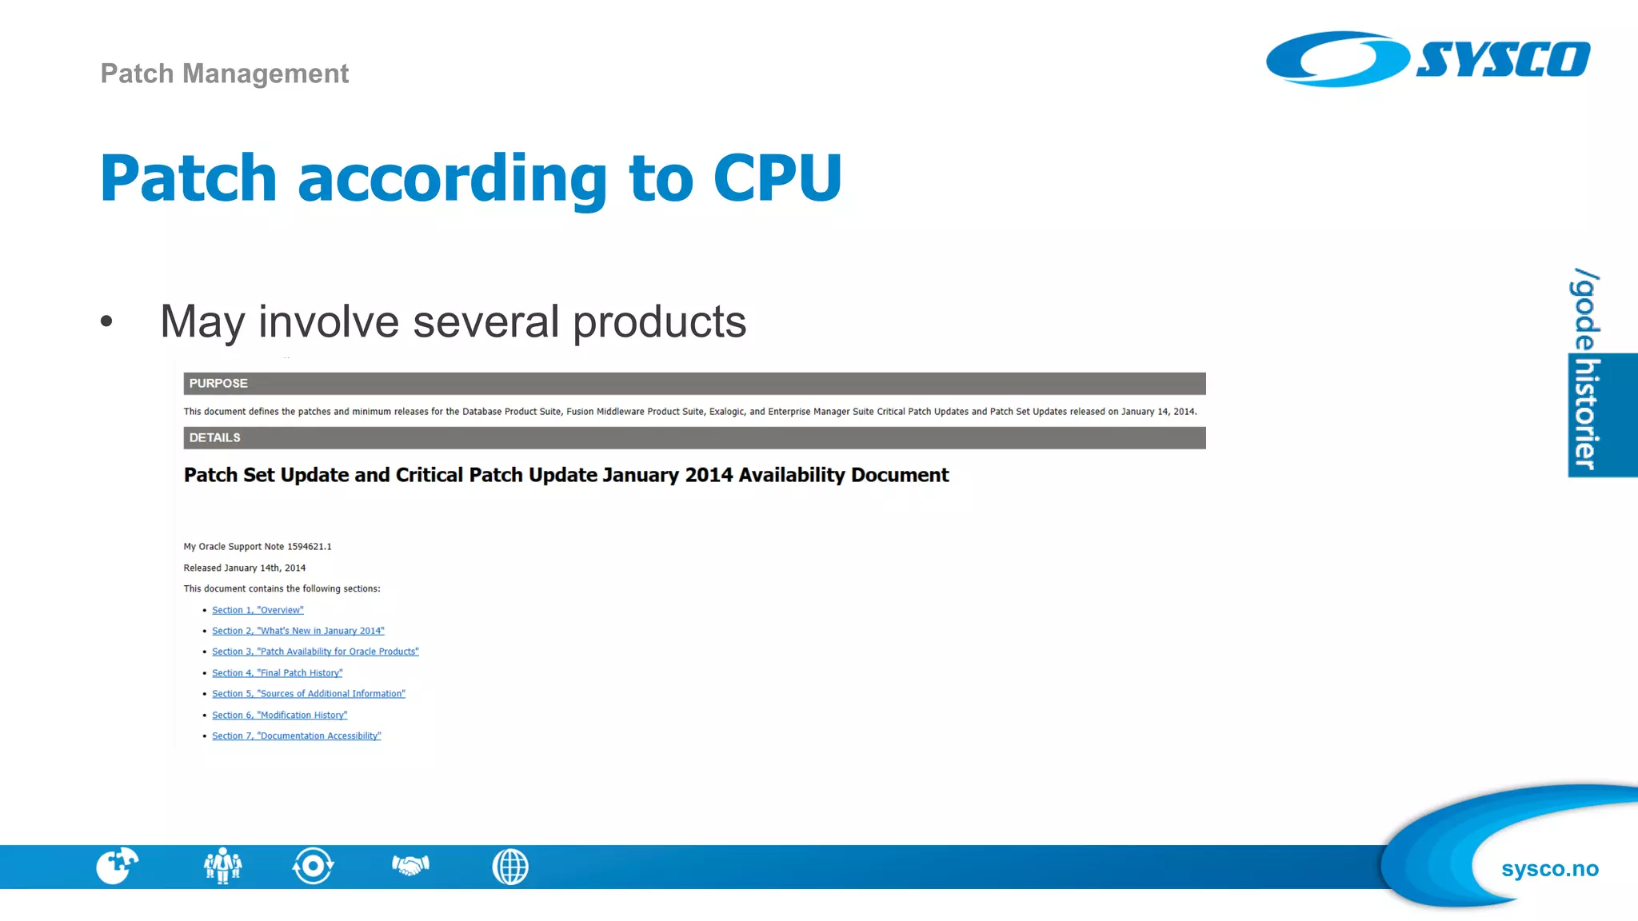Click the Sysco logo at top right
coord(1428,59)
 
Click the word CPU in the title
coord(777,177)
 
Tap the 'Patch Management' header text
coord(225,74)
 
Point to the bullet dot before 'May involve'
coord(107,321)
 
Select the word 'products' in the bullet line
coord(659,321)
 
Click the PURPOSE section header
coord(218,384)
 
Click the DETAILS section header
coord(214,438)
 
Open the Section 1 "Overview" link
coord(258,610)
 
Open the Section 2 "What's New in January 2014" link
coord(298,631)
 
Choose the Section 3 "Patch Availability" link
coord(315,652)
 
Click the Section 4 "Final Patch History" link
coord(277,673)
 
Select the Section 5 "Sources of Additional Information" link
coord(308,694)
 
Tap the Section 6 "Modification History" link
coord(279,716)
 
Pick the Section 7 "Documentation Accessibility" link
coord(296,736)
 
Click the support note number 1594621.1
coord(309,547)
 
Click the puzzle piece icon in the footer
coord(117,866)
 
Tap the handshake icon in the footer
coord(410,866)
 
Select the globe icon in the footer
coord(510,867)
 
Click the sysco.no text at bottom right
coord(1549,869)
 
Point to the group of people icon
coord(222,866)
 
